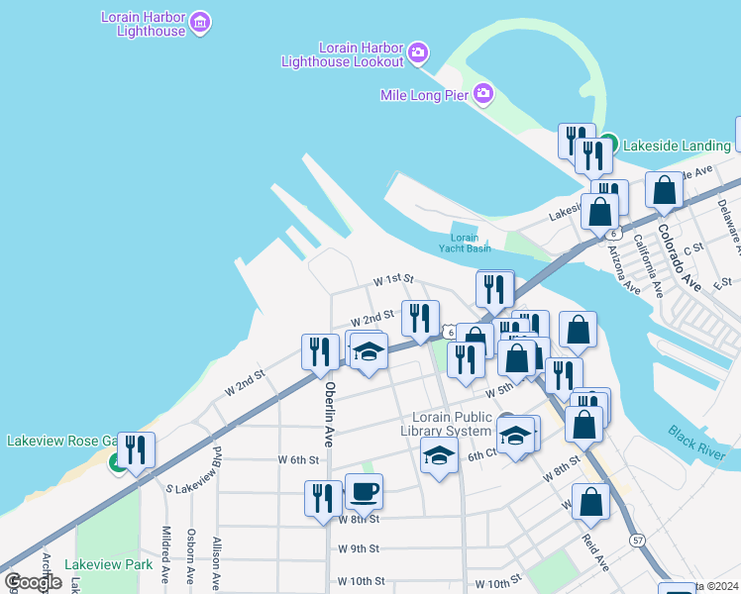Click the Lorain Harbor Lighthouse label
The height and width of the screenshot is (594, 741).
click(x=144, y=24)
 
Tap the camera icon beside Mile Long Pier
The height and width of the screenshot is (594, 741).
click(x=483, y=94)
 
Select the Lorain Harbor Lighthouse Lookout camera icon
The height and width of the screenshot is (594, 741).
click(x=418, y=51)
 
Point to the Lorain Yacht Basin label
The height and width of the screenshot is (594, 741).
click(x=465, y=244)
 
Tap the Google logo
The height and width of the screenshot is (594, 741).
click(x=33, y=582)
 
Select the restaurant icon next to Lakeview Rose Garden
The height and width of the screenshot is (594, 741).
click(x=136, y=450)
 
